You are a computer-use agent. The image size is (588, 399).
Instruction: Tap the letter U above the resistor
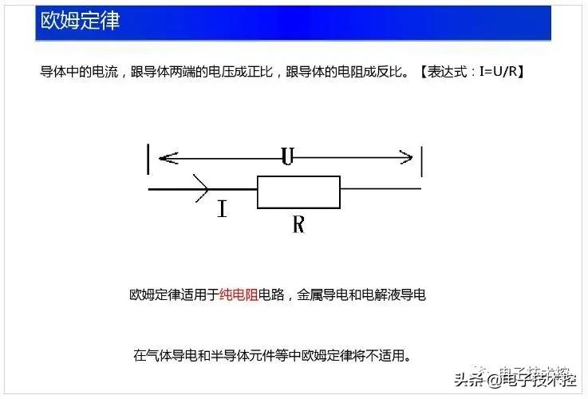[x=287, y=157]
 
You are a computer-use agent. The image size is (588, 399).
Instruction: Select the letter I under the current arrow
[x=222, y=210]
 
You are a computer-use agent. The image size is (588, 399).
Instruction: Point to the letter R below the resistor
[x=298, y=224]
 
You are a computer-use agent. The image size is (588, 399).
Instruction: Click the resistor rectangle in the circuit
[x=298, y=192]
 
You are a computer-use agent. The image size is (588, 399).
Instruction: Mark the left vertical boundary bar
[x=148, y=158]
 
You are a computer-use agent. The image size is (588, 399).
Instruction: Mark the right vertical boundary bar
[x=421, y=161]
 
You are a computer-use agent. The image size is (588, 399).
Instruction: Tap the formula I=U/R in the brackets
[x=500, y=72]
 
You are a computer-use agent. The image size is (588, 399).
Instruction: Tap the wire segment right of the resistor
[x=381, y=189]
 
